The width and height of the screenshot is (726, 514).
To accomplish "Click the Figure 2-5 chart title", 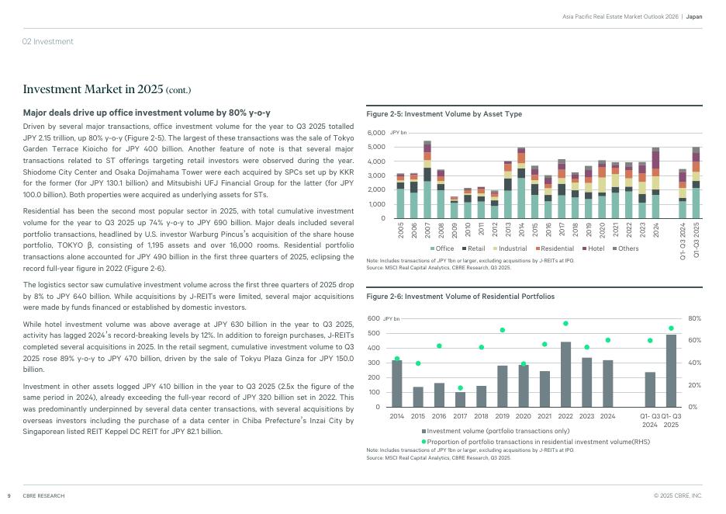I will coord(444,114).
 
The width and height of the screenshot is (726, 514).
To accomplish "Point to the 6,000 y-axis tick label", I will coord(376,133).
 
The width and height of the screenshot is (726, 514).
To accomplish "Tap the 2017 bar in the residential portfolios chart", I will coord(460,399).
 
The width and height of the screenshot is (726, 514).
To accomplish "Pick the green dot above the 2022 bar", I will coord(565,323).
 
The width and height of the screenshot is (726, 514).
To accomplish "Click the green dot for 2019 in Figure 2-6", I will coord(502,330).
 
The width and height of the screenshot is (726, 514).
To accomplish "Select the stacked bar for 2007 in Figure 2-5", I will coord(427,179).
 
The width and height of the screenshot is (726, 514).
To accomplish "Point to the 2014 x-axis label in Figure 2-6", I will coord(396,416).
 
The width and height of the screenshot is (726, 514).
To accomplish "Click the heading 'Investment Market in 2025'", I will coord(107,90).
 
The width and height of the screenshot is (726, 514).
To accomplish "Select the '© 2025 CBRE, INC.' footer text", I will coord(678,495).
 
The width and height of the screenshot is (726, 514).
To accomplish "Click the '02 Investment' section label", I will coord(47,41).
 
